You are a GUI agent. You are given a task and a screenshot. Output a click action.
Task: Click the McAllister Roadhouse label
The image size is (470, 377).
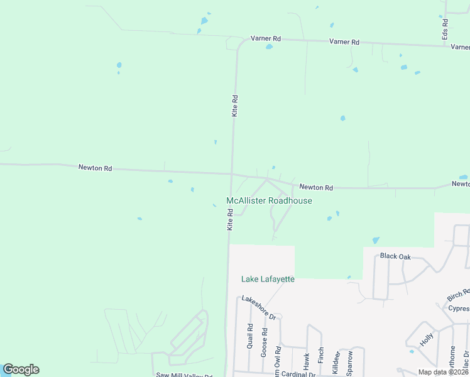tap(269, 200)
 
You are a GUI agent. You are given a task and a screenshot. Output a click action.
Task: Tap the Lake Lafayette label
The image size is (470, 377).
tap(268, 279)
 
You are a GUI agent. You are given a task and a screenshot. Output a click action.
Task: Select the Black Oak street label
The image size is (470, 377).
tap(395, 256)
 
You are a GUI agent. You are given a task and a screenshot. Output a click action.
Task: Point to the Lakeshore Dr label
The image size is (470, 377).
tap(259, 307)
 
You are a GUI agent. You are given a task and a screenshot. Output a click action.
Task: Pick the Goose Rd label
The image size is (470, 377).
tap(264, 342)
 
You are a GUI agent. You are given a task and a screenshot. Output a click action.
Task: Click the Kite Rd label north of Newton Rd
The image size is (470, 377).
tap(235, 106)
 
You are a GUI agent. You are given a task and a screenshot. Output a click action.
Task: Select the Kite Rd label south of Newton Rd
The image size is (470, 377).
tap(231, 220)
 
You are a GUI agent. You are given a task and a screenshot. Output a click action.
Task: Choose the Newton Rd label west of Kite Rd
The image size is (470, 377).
tap(95, 168)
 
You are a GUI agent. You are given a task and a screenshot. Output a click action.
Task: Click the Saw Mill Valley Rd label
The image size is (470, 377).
tap(184, 375)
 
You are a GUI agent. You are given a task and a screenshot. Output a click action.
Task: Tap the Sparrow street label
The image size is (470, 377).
tap(351, 362)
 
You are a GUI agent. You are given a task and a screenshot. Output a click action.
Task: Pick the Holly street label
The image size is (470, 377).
tap(427, 340)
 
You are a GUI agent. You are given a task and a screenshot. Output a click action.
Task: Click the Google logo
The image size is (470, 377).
tap(21, 369)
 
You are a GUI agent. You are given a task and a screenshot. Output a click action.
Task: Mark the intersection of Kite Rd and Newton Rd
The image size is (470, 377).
tap(232, 173)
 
